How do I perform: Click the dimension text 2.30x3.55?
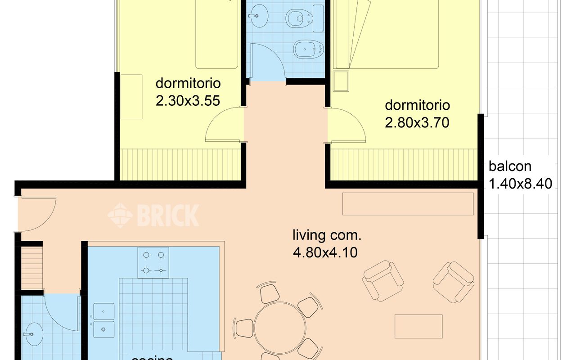(x=188, y=100)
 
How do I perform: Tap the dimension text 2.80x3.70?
(x=417, y=122)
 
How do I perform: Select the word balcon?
(x=510, y=166)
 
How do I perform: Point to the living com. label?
(x=327, y=235)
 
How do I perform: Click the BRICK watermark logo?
(x=153, y=215)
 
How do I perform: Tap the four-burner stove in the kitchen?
(x=153, y=262)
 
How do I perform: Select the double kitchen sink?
(x=103, y=320)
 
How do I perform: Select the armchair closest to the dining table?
(x=383, y=280)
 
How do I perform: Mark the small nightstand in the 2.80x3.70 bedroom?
(x=341, y=81)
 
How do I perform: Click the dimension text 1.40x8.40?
(x=520, y=184)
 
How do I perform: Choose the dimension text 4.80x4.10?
(x=325, y=252)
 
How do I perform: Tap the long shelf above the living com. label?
(x=408, y=204)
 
